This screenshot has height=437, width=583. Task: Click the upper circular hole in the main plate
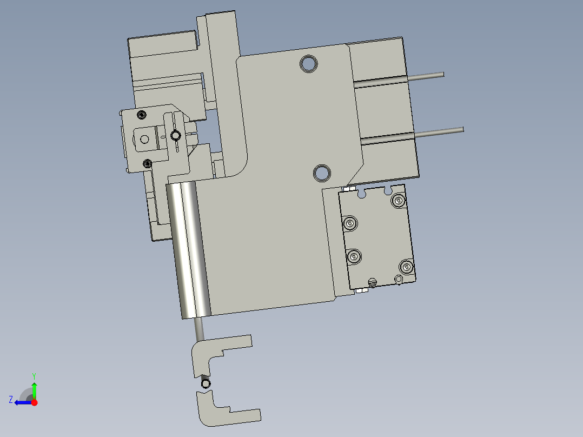click(309, 63)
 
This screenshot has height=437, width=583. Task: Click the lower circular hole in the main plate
click(322, 173)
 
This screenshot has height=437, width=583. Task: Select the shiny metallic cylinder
click(188, 249)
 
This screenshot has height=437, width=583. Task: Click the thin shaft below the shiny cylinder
click(198, 328)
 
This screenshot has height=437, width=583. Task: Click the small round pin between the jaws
click(206, 384)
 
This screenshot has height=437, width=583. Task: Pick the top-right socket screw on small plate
click(399, 201)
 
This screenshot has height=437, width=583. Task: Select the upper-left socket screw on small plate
click(350, 222)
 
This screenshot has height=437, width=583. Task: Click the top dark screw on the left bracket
click(142, 114)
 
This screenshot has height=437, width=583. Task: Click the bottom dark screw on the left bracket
click(147, 163)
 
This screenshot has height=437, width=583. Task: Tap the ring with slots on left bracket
click(175, 135)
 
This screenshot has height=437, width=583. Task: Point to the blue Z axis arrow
click(22, 402)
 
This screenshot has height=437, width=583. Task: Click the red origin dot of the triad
click(34, 402)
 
